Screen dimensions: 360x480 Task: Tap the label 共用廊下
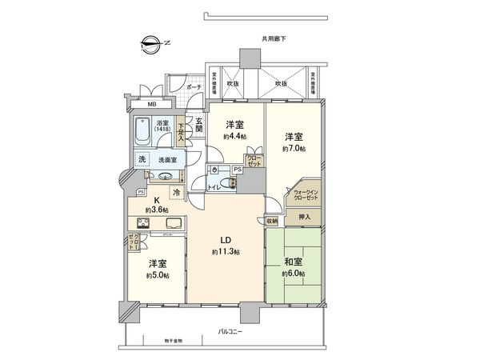(x=274, y=38)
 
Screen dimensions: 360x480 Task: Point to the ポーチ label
(x=194, y=86)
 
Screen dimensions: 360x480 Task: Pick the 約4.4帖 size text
(x=234, y=137)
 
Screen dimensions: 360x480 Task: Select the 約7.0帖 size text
(x=295, y=148)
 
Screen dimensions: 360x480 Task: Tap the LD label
(x=226, y=240)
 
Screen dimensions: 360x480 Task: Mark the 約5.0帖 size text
(x=158, y=276)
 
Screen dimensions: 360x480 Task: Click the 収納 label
(x=272, y=221)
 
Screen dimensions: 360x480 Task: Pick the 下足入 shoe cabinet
(x=182, y=131)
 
